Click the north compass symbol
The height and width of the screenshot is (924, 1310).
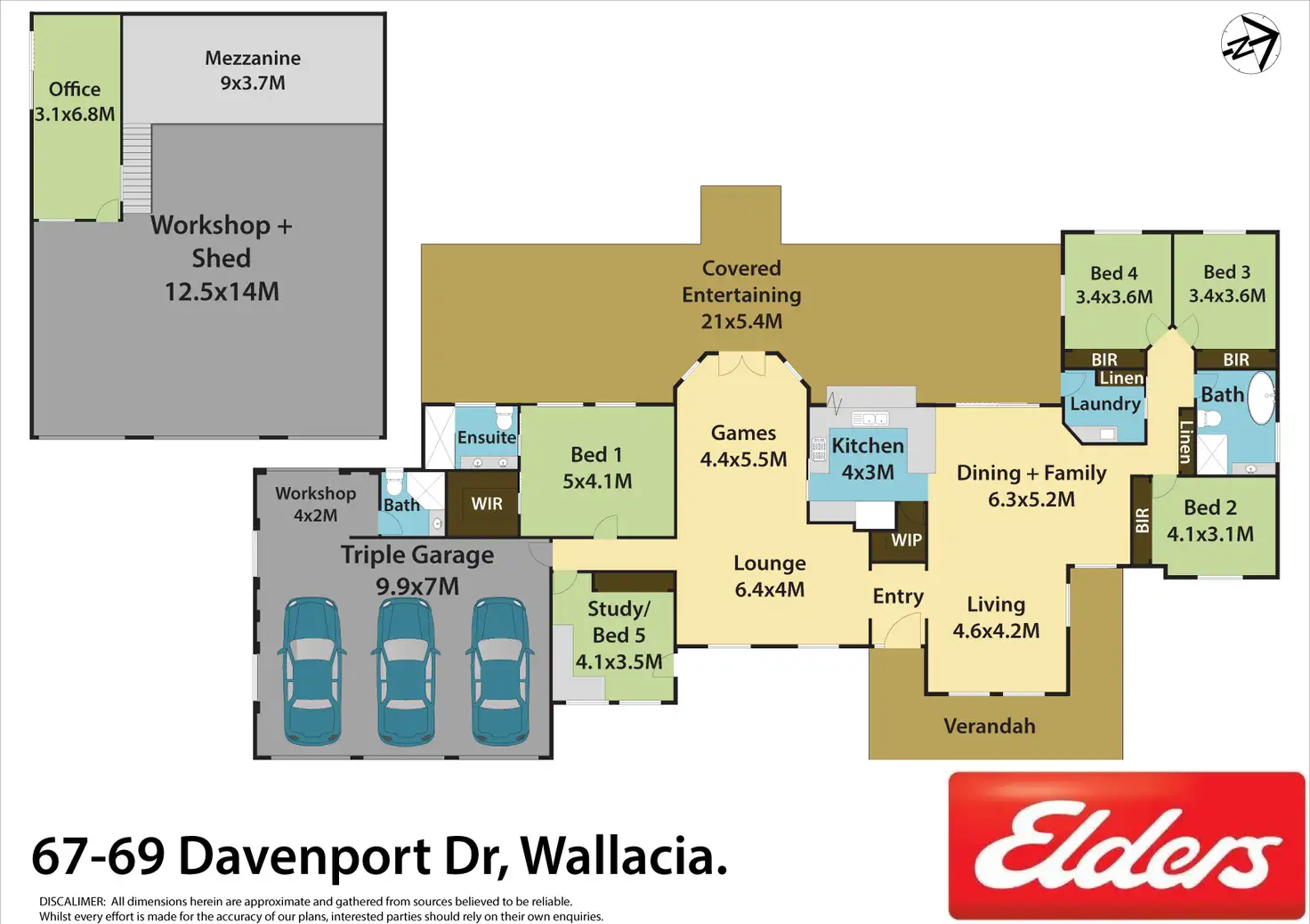point(1251,44)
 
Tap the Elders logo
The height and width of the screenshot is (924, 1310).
point(1127,845)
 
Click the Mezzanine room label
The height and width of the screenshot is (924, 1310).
point(253,70)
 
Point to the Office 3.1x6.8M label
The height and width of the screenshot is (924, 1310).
point(75,101)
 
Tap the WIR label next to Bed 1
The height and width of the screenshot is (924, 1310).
point(487,504)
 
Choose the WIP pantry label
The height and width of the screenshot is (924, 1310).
point(906,539)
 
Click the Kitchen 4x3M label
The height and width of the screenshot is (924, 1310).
point(868,458)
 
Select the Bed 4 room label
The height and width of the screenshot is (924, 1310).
point(1114,285)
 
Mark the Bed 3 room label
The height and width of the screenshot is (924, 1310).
point(1227,283)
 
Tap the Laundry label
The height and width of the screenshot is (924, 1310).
point(1105,404)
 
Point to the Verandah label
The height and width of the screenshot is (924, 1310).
point(990,726)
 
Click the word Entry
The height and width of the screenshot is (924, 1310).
point(898,596)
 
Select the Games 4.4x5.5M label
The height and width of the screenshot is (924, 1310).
point(744,446)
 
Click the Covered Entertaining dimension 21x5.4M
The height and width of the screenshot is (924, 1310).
point(741,321)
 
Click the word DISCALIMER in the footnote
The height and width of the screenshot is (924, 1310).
point(72,902)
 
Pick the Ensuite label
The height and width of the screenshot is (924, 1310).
point(487,437)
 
